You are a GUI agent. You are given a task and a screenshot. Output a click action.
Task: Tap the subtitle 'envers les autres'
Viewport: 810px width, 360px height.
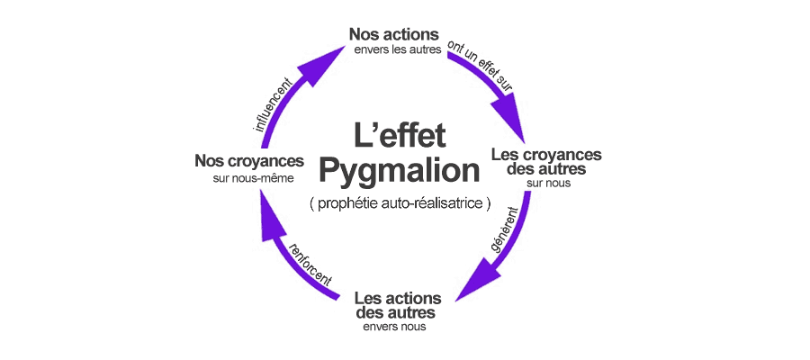(397, 50)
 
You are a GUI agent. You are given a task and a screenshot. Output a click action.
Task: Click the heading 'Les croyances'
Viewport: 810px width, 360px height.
(546, 155)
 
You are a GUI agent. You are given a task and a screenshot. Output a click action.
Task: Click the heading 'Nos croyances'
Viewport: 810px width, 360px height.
(248, 161)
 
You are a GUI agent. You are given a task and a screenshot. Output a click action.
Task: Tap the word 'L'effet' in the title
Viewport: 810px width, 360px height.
(400, 136)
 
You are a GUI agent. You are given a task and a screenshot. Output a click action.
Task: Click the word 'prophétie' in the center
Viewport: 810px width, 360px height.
(347, 204)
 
